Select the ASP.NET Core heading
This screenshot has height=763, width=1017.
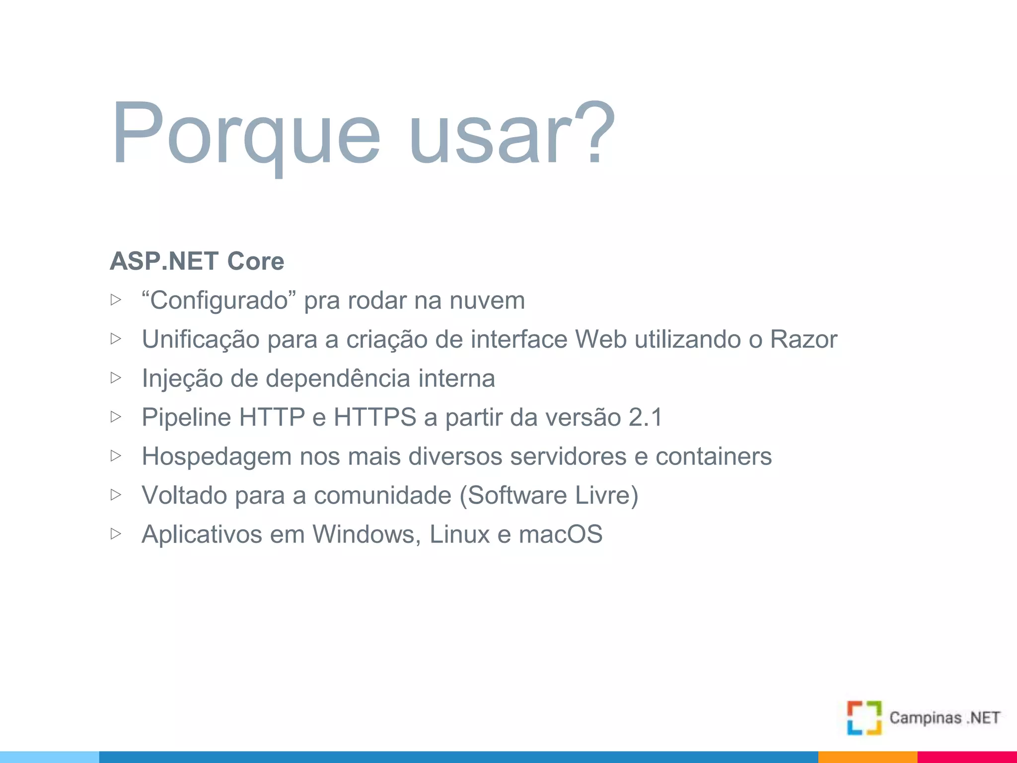pyautogui.click(x=197, y=261)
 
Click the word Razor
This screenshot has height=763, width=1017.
pyautogui.click(x=803, y=340)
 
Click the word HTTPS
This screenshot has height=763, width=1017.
pyautogui.click(x=375, y=417)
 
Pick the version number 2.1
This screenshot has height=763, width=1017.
pyautogui.click(x=645, y=417)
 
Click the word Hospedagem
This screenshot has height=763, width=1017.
pyautogui.click(x=217, y=457)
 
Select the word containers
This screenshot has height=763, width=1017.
pyautogui.click(x=713, y=457)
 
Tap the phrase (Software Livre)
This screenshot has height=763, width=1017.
pyautogui.click(x=549, y=495)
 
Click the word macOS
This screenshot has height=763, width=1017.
pyautogui.click(x=560, y=534)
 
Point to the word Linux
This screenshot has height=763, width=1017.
pyautogui.click(x=459, y=534)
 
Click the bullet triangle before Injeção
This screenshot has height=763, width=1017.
pyautogui.click(x=116, y=378)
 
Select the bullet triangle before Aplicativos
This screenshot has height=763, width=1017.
pyautogui.click(x=116, y=534)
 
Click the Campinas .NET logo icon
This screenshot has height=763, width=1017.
pyautogui.click(x=864, y=718)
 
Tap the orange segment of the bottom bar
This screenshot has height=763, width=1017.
pyautogui.click(x=867, y=757)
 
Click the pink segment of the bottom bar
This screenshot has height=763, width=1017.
pyautogui.click(x=966, y=757)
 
